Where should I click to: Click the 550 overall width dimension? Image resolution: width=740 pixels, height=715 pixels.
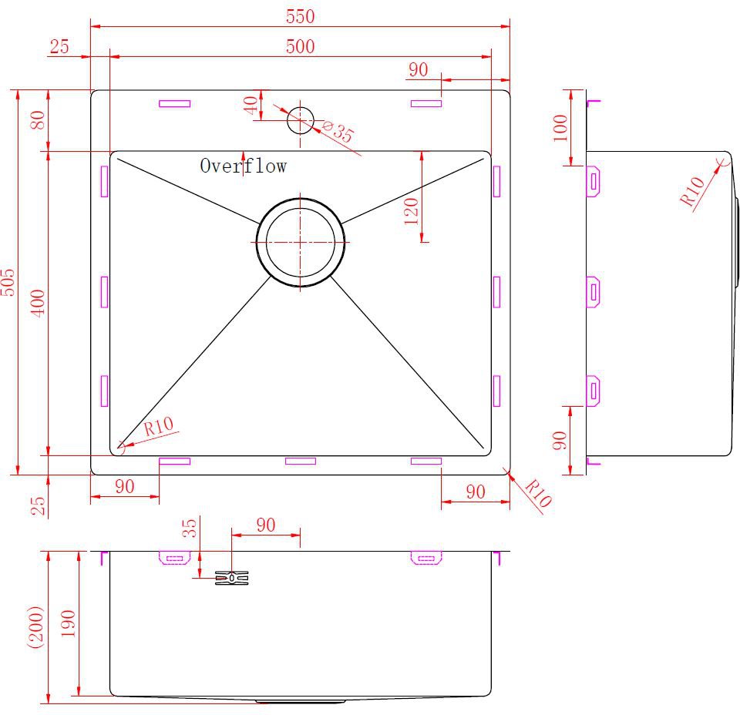click(300, 16)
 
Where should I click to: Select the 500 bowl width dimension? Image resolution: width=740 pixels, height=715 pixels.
click(300, 46)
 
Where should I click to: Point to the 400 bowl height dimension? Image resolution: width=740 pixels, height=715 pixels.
click(38, 303)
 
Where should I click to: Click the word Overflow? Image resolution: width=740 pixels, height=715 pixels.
click(243, 166)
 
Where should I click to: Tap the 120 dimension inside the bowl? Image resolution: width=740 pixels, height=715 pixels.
click(412, 211)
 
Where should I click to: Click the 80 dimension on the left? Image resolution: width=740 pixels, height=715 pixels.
click(38, 119)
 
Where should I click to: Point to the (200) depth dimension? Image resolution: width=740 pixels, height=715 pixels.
click(37, 627)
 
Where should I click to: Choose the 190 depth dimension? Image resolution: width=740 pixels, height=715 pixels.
click(69, 623)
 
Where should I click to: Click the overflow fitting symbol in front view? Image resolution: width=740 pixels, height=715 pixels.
click(232, 578)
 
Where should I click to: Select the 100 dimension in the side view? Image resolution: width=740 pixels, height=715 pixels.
click(560, 128)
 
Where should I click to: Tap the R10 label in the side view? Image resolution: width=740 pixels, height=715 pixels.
click(692, 192)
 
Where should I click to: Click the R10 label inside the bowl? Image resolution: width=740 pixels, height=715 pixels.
click(159, 426)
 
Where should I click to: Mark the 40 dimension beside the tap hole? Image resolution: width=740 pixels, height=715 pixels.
click(251, 105)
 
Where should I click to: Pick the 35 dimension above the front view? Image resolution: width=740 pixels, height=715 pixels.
click(190, 529)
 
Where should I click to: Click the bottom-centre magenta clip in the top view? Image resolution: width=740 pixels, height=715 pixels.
click(301, 461)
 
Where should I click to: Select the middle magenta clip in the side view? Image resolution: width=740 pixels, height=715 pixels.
click(593, 293)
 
